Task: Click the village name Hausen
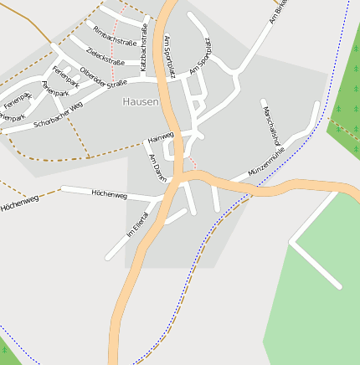click(x=141, y=101)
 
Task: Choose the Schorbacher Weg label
click(x=59, y=116)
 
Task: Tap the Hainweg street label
click(x=160, y=136)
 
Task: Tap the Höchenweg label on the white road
click(x=109, y=194)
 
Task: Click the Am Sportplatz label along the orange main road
click(x=170, y=56)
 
